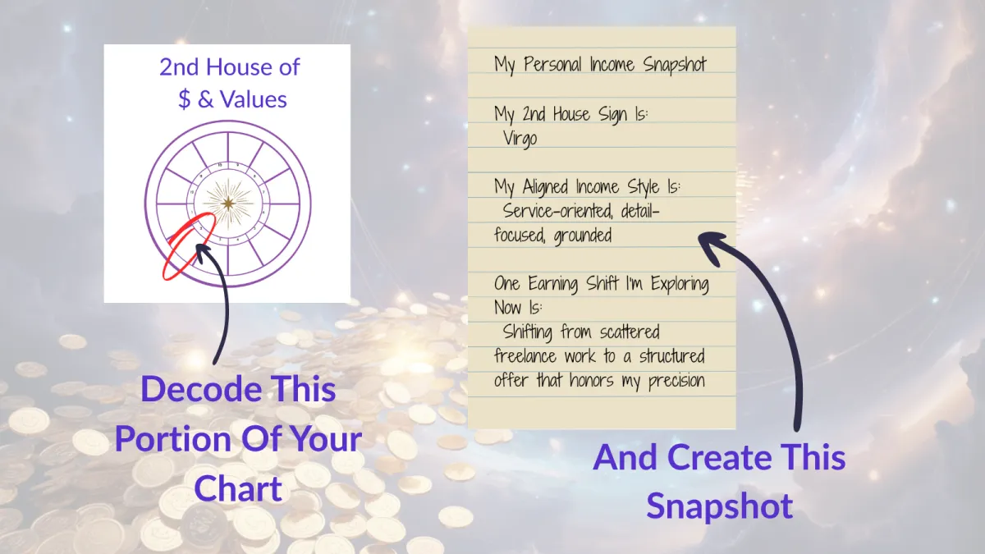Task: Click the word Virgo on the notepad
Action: (x=520, y=138)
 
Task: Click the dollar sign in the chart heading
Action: (x=185, y=99)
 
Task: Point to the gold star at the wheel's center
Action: (x=227, y=202)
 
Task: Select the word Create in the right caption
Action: (x=722, y=457)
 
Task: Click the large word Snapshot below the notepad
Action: (x=719, y=506)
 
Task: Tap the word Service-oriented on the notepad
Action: (x=558, y=211)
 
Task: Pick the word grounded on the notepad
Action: (x=583, y=236)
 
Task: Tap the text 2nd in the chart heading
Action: (x=180, y=66)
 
